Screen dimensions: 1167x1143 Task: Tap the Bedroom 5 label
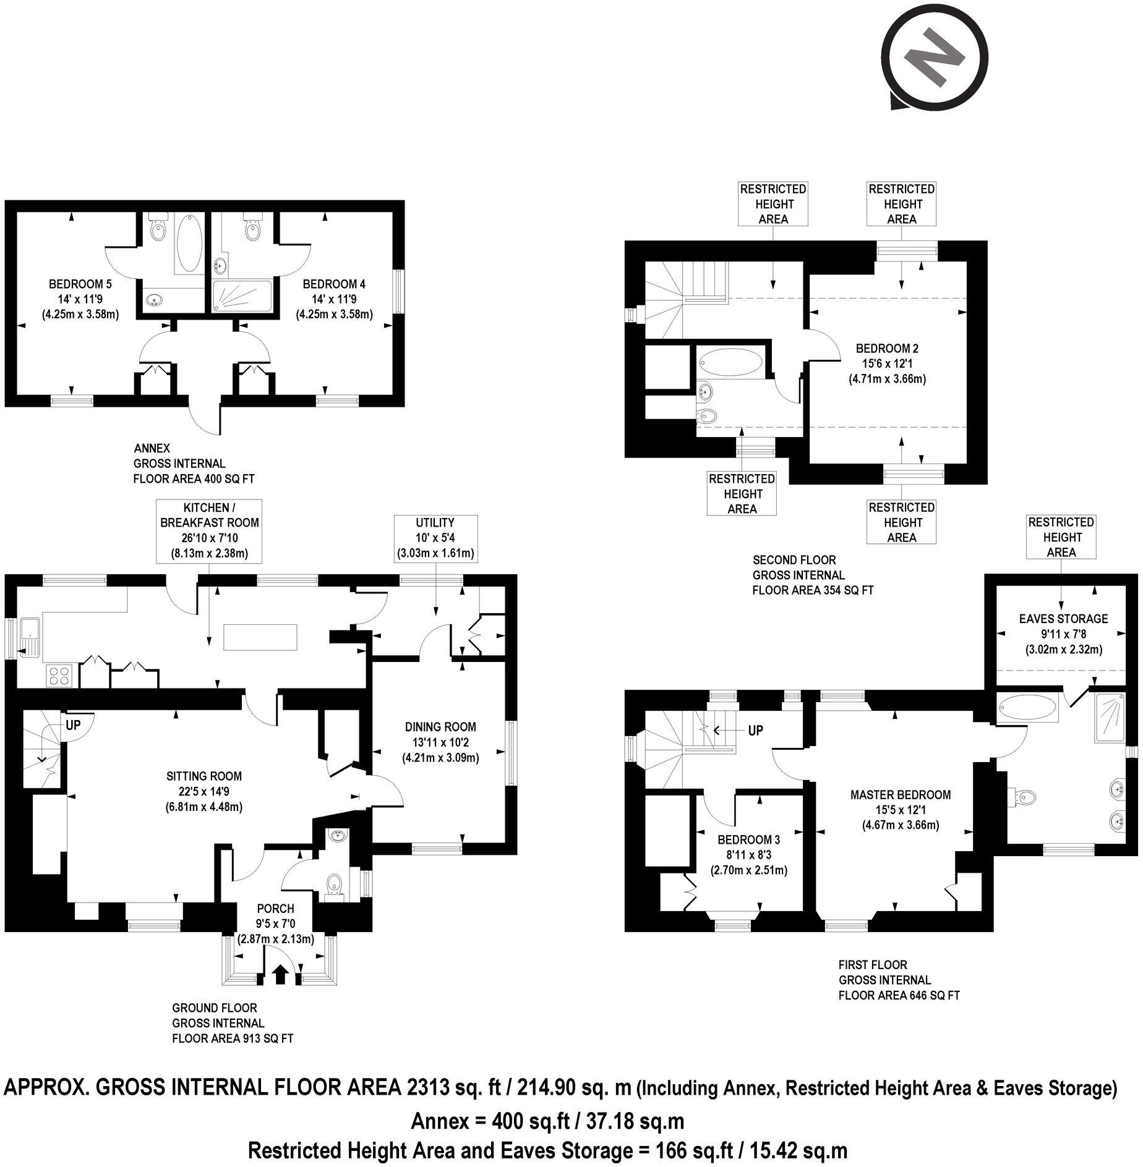pos(80,284)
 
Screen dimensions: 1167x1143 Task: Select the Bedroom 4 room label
pos(334,284)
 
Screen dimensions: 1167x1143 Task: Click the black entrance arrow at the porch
pos(280,975)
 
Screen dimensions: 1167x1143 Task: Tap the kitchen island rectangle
pos(260,637)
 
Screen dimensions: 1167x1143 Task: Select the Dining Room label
pos(440,727)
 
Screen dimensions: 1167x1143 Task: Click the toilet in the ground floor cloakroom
pos(335,884)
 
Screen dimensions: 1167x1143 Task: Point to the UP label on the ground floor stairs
pos(73,726)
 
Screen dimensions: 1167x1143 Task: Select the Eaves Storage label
pos(1063,619)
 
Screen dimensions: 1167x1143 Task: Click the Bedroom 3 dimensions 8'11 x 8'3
pos(748,855)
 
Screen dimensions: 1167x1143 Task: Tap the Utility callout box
pos(435,538)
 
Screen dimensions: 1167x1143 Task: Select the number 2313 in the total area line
pos(427,1087)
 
